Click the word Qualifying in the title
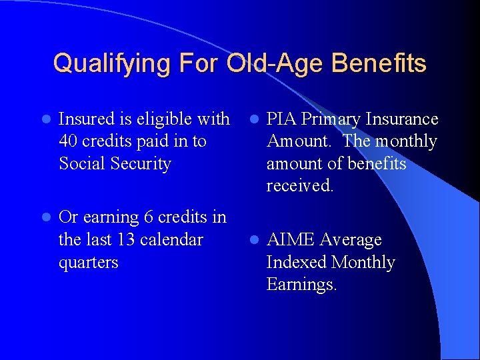[x=103, y=64]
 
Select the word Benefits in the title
[x=378, y=64]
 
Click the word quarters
[x=89, y=263]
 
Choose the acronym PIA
[x=281, y=119]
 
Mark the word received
[x=299, y=186]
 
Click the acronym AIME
[x=291, y=240]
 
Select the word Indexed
[x=296, y=262]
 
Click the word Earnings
[x=301, y=285]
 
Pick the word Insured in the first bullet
[x=87, y=119]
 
